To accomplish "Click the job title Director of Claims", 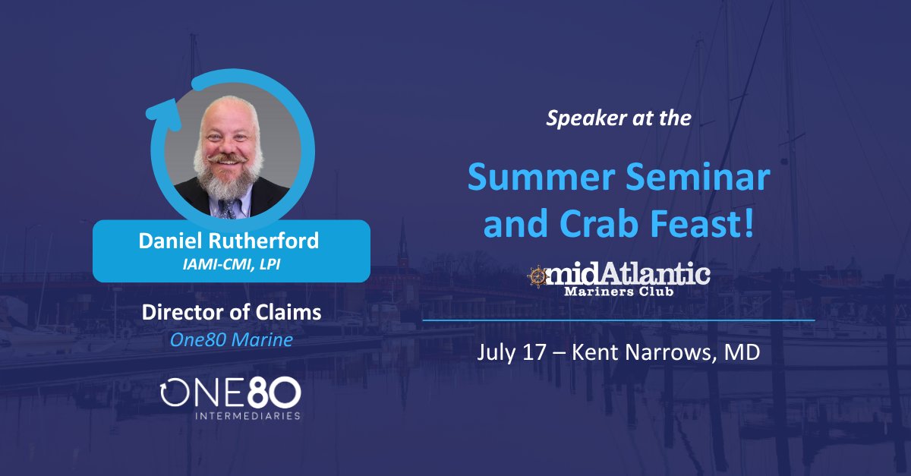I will [x=231, y=312].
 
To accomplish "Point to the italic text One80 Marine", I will [x=231, y=339].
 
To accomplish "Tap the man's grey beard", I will [x=229, y=178].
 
